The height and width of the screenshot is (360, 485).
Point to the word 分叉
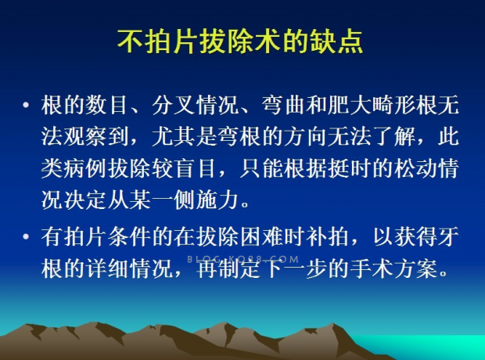click(x=174, y=105)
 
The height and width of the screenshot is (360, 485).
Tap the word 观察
click(x=84, y=136)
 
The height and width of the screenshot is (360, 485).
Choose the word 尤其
click(x=174, y=136)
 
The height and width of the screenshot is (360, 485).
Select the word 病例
click(x=84, y=169)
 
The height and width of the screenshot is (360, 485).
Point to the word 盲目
click(x=196, y=169)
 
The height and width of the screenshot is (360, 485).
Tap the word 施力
click(x=217, y=200)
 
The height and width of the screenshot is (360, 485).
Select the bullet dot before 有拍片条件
click(x=26, y=237)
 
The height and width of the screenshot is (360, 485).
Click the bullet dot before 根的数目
click(x=26, y=105)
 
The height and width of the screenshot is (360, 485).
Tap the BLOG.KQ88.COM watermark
click(x=243, y=259)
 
